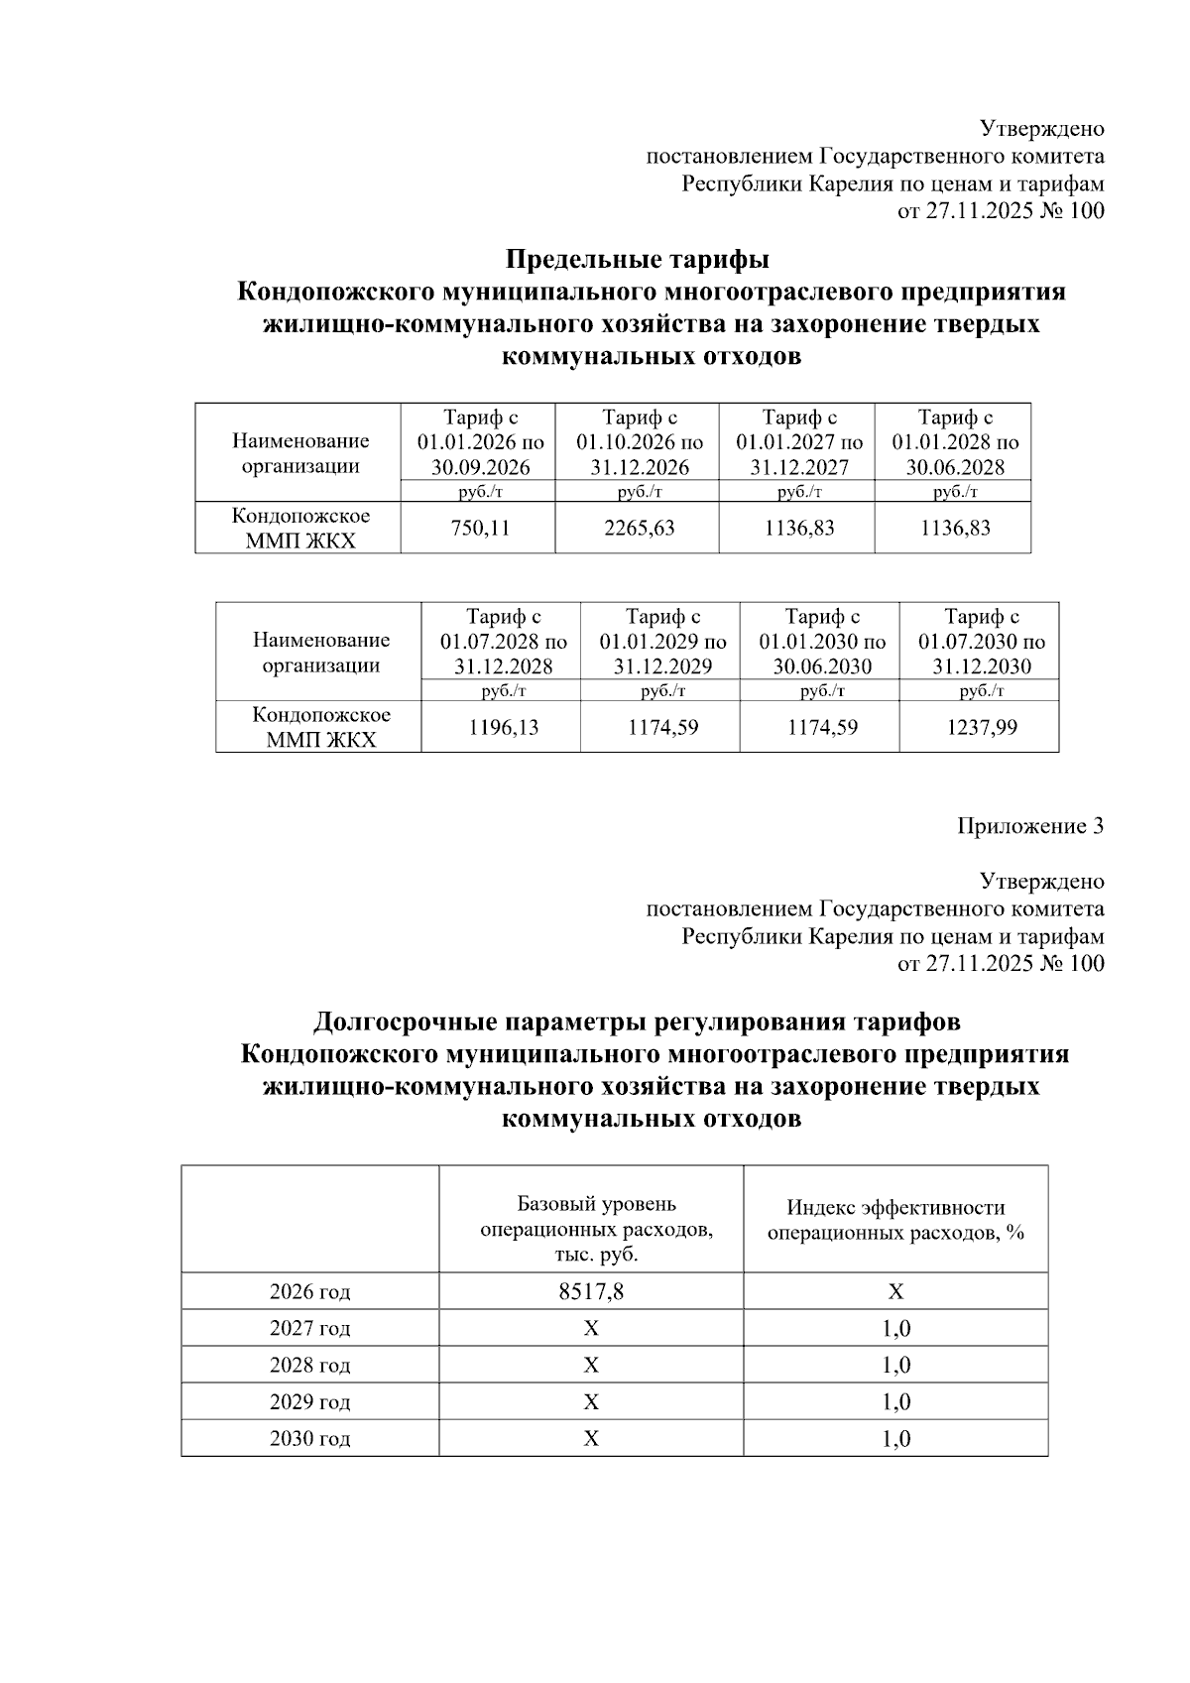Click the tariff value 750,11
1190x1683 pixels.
480,529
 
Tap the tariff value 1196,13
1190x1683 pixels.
503,728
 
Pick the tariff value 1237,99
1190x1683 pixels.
981,728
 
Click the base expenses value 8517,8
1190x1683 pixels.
591,1292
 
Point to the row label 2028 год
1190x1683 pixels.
309,1366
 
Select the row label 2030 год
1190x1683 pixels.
309,1439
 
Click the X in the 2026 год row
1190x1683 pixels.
895,1292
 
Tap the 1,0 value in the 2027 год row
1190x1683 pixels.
895,1329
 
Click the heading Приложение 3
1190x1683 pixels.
1030,826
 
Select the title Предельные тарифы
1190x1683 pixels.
638,260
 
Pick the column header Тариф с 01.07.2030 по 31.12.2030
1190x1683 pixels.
981,642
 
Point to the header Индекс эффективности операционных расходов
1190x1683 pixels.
895,1220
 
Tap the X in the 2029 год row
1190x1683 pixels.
591,1402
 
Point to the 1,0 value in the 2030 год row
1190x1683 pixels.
895,1439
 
